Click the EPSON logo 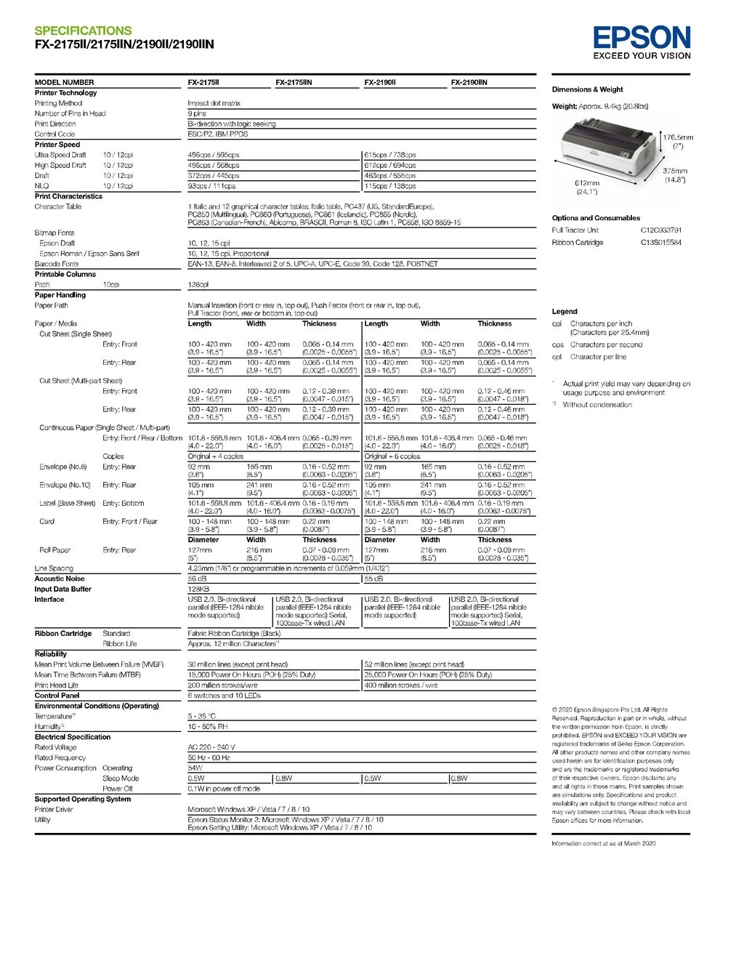(x=642, y=38)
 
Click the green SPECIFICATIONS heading (x=83, y=31)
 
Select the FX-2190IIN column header (x=469, y=83)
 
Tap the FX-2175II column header (x=203, y=83)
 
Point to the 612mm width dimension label (x=587, y=183)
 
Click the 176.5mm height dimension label (x=678, y=137)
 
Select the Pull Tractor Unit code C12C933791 (x=661, y=230)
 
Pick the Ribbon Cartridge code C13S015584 (x=661, y=243)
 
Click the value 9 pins (x=197, y=114)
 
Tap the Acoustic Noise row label (x=60, y=579)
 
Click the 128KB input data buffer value (x=198, y=589)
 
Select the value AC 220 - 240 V (x=211, y=747)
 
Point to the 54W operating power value (x=195, y=768)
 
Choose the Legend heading (x=565, y=311)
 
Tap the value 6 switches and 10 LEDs (x=224, y=696)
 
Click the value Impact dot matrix (x=214, y=104)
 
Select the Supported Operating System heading (x=83, y=800)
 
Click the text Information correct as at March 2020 (x=604, y=844)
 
